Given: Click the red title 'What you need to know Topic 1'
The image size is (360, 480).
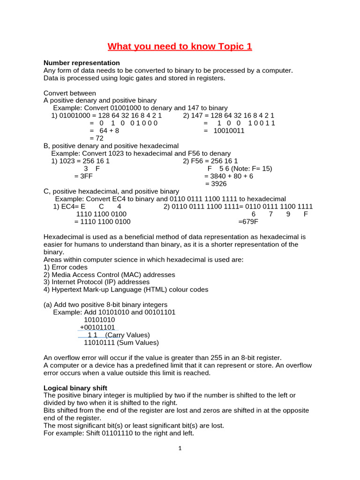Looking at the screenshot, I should point(180,46).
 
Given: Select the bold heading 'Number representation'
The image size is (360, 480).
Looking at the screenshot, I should point(82,63).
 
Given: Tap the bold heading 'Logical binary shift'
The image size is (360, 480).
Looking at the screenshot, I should point(75,388).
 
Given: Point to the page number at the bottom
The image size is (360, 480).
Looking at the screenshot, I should point(180,448).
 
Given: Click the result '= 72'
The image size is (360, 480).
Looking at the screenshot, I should point(96,138).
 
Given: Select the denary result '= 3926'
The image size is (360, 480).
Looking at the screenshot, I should point(215,184).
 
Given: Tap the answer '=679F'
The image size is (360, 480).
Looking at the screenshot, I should point(248,222).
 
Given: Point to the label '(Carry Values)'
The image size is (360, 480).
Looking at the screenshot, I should point(127,335).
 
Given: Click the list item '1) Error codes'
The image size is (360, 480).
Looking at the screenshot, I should point(65,267).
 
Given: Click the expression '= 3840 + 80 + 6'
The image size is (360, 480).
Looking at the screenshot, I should point(228,176).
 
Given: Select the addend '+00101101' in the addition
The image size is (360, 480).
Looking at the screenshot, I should point(97,327).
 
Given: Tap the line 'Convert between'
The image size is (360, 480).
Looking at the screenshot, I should point(70,93).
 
